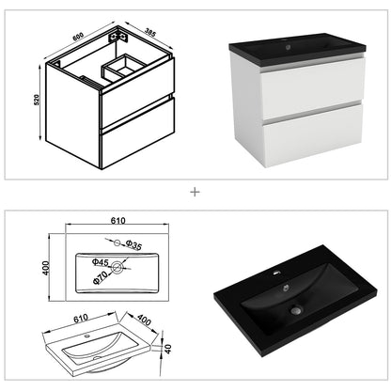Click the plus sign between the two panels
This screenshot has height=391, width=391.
click(195, 192)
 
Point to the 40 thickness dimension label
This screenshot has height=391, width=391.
click(169, 350)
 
